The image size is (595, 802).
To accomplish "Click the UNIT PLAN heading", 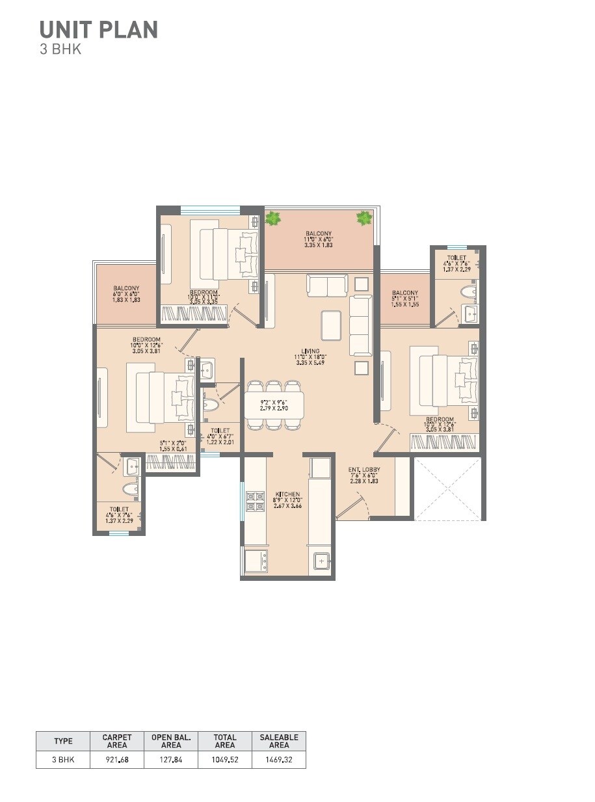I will (x=98, y=29).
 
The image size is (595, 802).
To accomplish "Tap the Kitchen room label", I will (x=287, y=500).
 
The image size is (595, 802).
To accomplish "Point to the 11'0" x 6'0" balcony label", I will (x=319, y=239).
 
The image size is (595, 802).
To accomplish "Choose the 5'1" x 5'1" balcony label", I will (x=405, y=298).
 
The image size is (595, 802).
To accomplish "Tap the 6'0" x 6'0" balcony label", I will (x=126, y=293).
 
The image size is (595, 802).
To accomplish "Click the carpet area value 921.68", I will (x=117, y=759).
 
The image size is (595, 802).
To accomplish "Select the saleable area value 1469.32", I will (x=279, y=759).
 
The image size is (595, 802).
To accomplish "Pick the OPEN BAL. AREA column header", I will (x=171, y=741).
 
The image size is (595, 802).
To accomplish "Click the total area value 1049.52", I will (x=224, y=759).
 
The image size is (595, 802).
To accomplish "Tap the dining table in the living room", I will (x=274, y=405).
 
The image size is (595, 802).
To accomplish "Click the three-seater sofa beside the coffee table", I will (x=361, y=325).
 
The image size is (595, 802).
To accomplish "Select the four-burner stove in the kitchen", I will (x=254, y=499).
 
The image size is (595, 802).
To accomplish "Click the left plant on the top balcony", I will (x=272, y=219).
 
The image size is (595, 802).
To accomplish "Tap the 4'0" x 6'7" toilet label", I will (x=220, y=436).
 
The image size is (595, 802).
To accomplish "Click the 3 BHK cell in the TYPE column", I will (x=63, y=759).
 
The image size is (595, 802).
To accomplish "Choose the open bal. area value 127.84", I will (x=171, y=759).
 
